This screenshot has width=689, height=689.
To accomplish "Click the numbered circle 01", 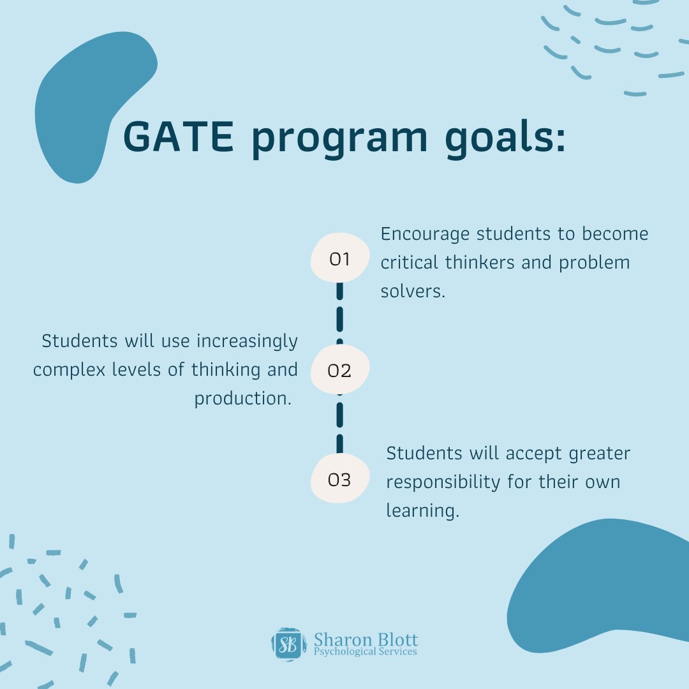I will point(339,259).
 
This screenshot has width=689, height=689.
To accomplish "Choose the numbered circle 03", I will point(339,480).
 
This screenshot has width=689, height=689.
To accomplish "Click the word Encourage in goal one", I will point(426,235).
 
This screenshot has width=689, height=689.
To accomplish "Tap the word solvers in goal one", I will point(411,291).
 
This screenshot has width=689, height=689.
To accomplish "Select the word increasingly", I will point(247,341).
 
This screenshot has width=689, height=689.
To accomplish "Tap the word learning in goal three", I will point(422,511).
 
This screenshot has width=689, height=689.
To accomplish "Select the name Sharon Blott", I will point(366,639).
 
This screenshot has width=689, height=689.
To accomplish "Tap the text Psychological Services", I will point(366,651).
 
